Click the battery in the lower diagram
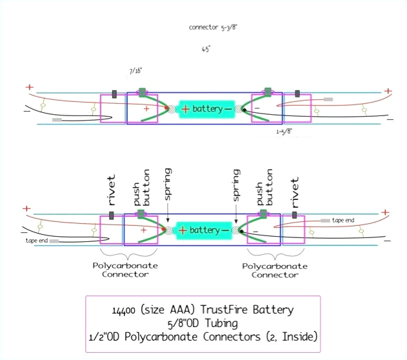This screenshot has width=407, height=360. click(205, 230)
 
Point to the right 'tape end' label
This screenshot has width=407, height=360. click(344, 220)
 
